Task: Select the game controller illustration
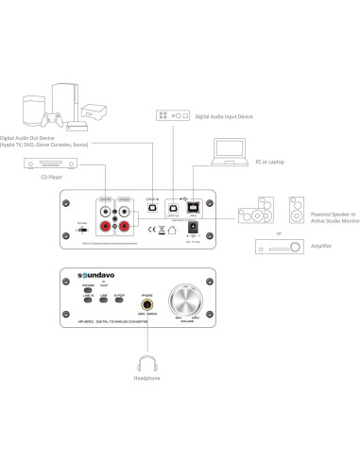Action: pyautogui.click(x=50, y=122)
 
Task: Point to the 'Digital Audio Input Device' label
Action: pyautogui.click(x=223, y=115)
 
